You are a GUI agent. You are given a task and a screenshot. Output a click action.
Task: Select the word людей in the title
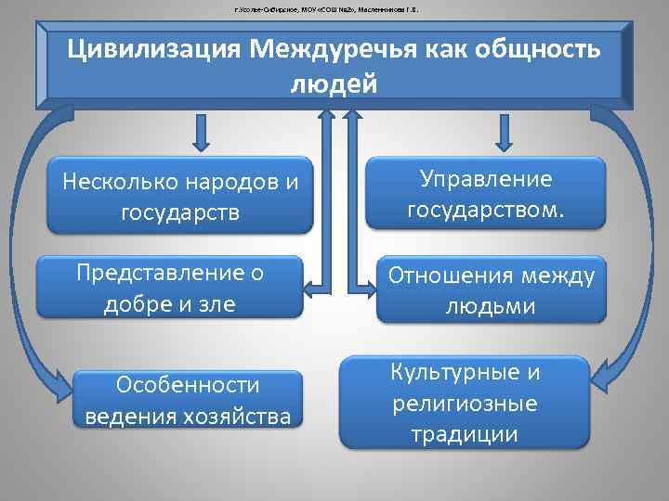[334, 84]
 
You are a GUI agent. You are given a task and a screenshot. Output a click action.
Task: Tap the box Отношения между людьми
[490, 289]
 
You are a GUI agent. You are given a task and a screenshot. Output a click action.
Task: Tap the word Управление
[486, 179]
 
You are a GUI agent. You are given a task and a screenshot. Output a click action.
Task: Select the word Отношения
[450, 275]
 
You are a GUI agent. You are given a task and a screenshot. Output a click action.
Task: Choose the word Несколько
[119, 181]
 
